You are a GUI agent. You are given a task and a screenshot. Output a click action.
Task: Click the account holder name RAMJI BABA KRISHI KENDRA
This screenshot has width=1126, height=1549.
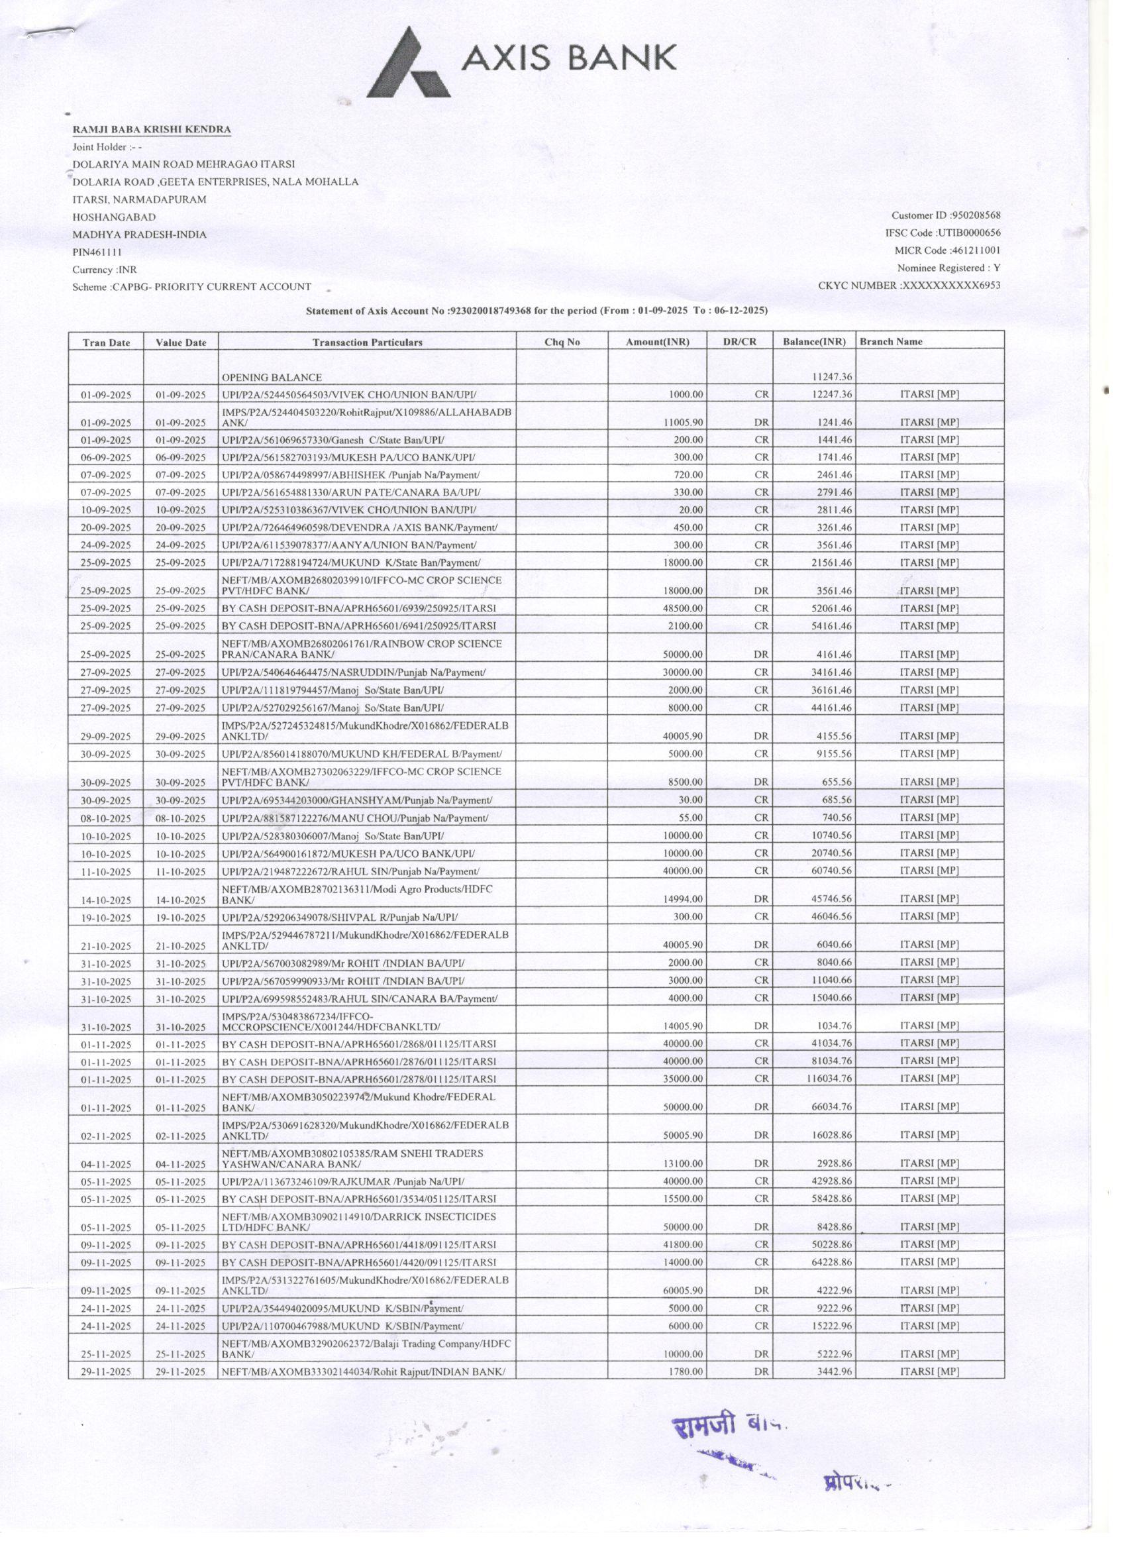click(x=152, y=129)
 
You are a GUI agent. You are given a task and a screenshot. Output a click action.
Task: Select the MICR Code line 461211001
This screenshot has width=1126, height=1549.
click(x=947, y=250)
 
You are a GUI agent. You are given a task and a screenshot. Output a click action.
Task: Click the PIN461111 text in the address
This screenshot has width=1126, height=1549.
click(x=97, y=252)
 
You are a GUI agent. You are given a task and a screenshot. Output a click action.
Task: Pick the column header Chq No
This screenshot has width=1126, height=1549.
click(x=561, y=342)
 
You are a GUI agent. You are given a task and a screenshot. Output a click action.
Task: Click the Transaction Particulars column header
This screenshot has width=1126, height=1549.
click(x=367, y=342)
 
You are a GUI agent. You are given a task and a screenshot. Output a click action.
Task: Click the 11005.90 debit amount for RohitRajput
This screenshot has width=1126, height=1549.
click(x=683, y=423)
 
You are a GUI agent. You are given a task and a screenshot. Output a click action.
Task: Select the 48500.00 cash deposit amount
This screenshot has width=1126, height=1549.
click(x=683, y=608)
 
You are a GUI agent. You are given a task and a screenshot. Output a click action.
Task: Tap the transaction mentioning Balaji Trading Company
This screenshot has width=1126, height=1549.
click(x=367, y=1348)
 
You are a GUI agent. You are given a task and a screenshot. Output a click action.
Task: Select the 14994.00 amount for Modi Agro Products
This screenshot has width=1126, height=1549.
click(x=683, y=900)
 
